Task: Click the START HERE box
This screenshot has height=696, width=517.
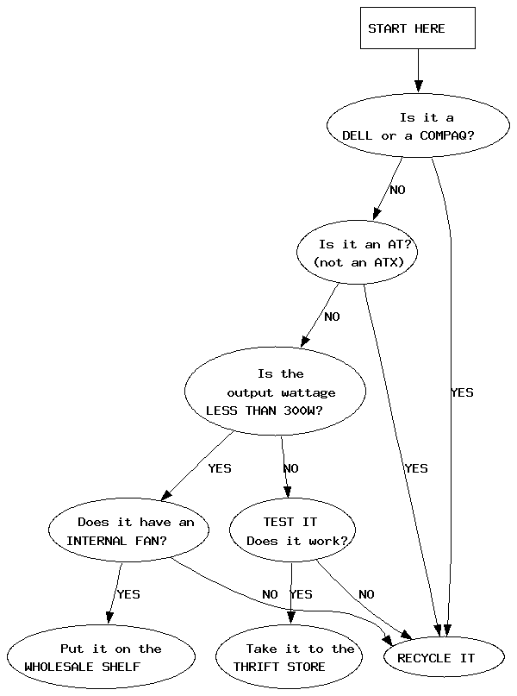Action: (418, 28)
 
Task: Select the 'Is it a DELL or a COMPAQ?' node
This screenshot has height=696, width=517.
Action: (418, 125)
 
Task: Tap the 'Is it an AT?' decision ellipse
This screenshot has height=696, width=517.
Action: (358, 252)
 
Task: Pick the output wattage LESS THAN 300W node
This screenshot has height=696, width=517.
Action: (276, 391)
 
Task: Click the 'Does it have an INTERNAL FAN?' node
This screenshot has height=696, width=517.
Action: (128, 530)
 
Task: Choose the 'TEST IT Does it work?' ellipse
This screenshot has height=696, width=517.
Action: (292, 530)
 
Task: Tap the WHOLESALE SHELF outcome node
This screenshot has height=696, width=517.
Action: (101, 657)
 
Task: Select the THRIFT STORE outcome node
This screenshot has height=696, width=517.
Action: (290, 657)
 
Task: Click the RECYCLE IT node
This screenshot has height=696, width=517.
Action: (444, 657)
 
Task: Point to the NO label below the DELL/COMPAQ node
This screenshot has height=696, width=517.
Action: (398, 190)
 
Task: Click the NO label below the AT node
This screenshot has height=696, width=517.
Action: (332, 317)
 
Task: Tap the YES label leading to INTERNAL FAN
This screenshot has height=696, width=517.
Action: (220, 468)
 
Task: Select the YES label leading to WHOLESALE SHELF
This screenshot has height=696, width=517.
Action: (128, 594)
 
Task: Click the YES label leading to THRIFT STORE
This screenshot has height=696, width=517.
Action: (301, 594)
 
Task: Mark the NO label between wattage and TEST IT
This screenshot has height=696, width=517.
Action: (291, 468)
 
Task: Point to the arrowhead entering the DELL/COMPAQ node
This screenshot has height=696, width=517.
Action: (418, 86)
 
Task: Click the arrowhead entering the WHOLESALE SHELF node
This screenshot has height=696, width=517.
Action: (109, 618)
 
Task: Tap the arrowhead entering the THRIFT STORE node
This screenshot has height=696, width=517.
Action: (291, 618)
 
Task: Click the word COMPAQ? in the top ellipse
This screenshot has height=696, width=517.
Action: (447, 135)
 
